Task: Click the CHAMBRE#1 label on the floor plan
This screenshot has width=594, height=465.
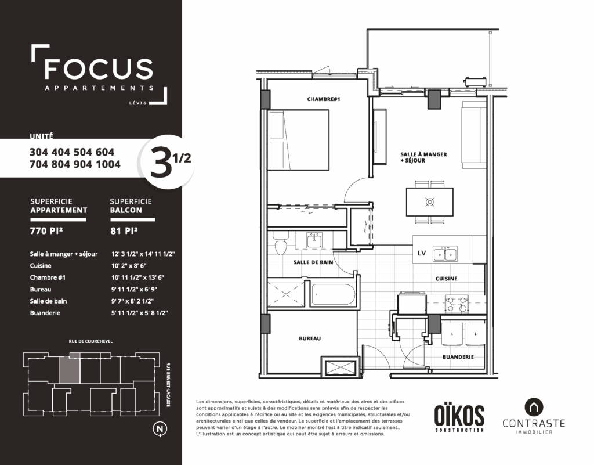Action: coord(324,99)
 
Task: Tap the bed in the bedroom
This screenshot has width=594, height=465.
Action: coord(299,140)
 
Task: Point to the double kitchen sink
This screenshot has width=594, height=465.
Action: coord(445,254)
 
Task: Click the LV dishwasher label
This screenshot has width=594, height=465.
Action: coord(422,253)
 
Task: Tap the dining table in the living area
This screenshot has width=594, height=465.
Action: coord(430,202)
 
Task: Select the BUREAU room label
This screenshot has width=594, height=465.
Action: coord(310,338)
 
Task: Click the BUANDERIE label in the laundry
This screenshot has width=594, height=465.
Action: coord(458,357)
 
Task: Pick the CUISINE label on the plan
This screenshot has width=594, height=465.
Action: coord(446,279)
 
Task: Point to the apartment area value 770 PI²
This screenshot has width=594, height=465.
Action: coord(46,230)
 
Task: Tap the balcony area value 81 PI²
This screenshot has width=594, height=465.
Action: coord(124,230)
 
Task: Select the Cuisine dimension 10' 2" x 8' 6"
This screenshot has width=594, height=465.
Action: coord(129,266)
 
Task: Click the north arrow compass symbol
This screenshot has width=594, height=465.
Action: coord(160,429)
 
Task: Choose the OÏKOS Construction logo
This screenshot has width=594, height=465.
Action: coord(459,417)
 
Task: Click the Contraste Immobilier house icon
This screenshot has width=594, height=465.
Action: coord(534,408)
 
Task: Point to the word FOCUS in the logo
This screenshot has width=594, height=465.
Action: coord(99,69)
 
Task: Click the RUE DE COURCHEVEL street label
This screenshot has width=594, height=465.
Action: coord(90,341)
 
